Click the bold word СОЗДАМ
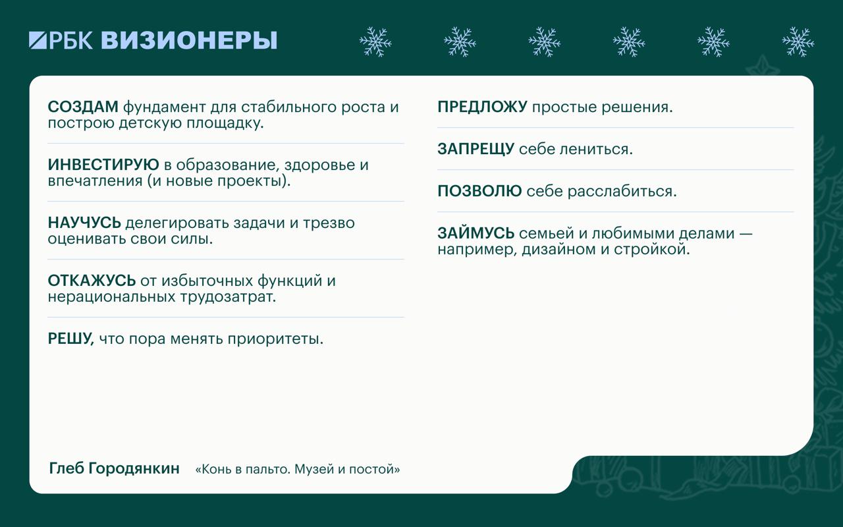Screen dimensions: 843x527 pos(83,107)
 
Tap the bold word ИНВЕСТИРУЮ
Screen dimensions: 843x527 pos(103,165)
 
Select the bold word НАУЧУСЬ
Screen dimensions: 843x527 pos(84,223)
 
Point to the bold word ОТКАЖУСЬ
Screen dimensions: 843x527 pos(92,281)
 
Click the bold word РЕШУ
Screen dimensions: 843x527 pos(70,339)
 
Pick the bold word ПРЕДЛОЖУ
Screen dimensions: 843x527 pos(482,107)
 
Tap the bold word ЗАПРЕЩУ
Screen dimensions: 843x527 pos(476,149)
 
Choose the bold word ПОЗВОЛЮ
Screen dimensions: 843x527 pos(479,191)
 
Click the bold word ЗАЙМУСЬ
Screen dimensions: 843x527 pos(476,233)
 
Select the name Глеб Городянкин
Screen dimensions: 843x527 pos(115,468)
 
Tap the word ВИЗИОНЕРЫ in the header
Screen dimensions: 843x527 pos(189,40)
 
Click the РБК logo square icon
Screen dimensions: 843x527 pos(38,40)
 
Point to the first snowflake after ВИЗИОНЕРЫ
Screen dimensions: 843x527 pos(375,42)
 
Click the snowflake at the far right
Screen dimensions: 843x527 pos(798,42)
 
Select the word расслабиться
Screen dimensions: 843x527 pos(622,192)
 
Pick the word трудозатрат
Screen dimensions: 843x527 pos(228,297)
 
